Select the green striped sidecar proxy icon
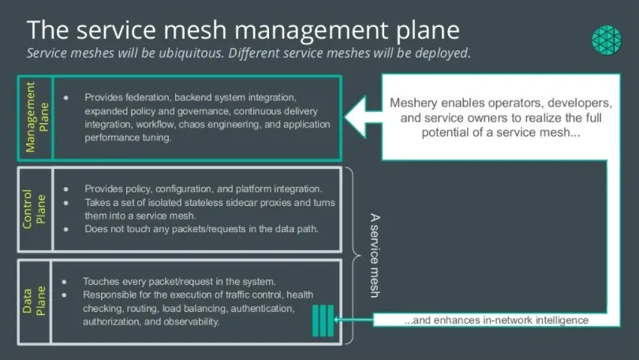(323, 319)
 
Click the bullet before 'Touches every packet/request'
(66, 281)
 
